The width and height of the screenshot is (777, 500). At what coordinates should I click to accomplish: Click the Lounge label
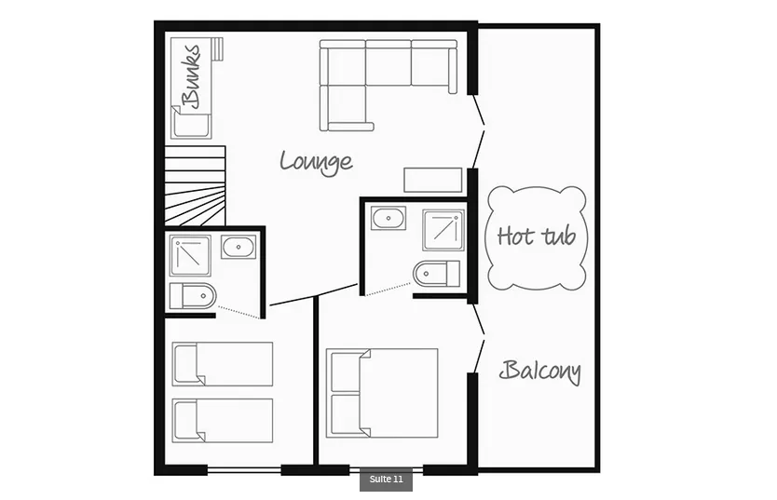(x=316, y=162)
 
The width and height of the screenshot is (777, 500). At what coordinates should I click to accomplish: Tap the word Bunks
(x=191, y=75)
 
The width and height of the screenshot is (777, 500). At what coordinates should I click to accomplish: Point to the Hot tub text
(x=537, y=236)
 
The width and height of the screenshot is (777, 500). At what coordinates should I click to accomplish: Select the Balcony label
(x=540, y=372)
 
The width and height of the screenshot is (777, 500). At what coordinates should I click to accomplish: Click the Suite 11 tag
(x=386, y=480)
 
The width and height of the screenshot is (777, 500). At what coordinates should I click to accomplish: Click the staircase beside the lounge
(x=196, y=185)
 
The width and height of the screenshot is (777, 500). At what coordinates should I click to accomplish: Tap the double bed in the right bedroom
(x=382, y=393)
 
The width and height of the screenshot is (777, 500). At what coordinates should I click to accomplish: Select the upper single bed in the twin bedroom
(x=223, y=364)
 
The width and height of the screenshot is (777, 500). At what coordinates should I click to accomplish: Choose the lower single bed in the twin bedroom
(x=223, y=420)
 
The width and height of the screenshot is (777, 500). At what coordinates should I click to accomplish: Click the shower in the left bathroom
(x=190, y=255)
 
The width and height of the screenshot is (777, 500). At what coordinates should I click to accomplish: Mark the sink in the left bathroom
(x=239, y=247)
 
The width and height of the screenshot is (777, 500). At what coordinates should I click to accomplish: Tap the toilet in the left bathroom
(x=193, y=296)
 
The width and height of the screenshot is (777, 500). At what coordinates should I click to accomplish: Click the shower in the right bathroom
(x=443, y=230)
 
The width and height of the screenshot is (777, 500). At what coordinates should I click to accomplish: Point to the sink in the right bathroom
(x=388, y=218)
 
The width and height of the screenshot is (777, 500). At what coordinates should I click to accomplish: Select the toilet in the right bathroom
(x=437, y=273)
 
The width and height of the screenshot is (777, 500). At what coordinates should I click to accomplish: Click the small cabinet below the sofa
(x=433, y=181)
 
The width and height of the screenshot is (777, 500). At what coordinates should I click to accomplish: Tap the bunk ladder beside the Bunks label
(x=217, y=48)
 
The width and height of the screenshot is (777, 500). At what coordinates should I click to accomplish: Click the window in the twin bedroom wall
(x=244, y=470)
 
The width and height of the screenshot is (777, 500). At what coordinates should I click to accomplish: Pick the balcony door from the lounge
(x=478, y=131)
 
